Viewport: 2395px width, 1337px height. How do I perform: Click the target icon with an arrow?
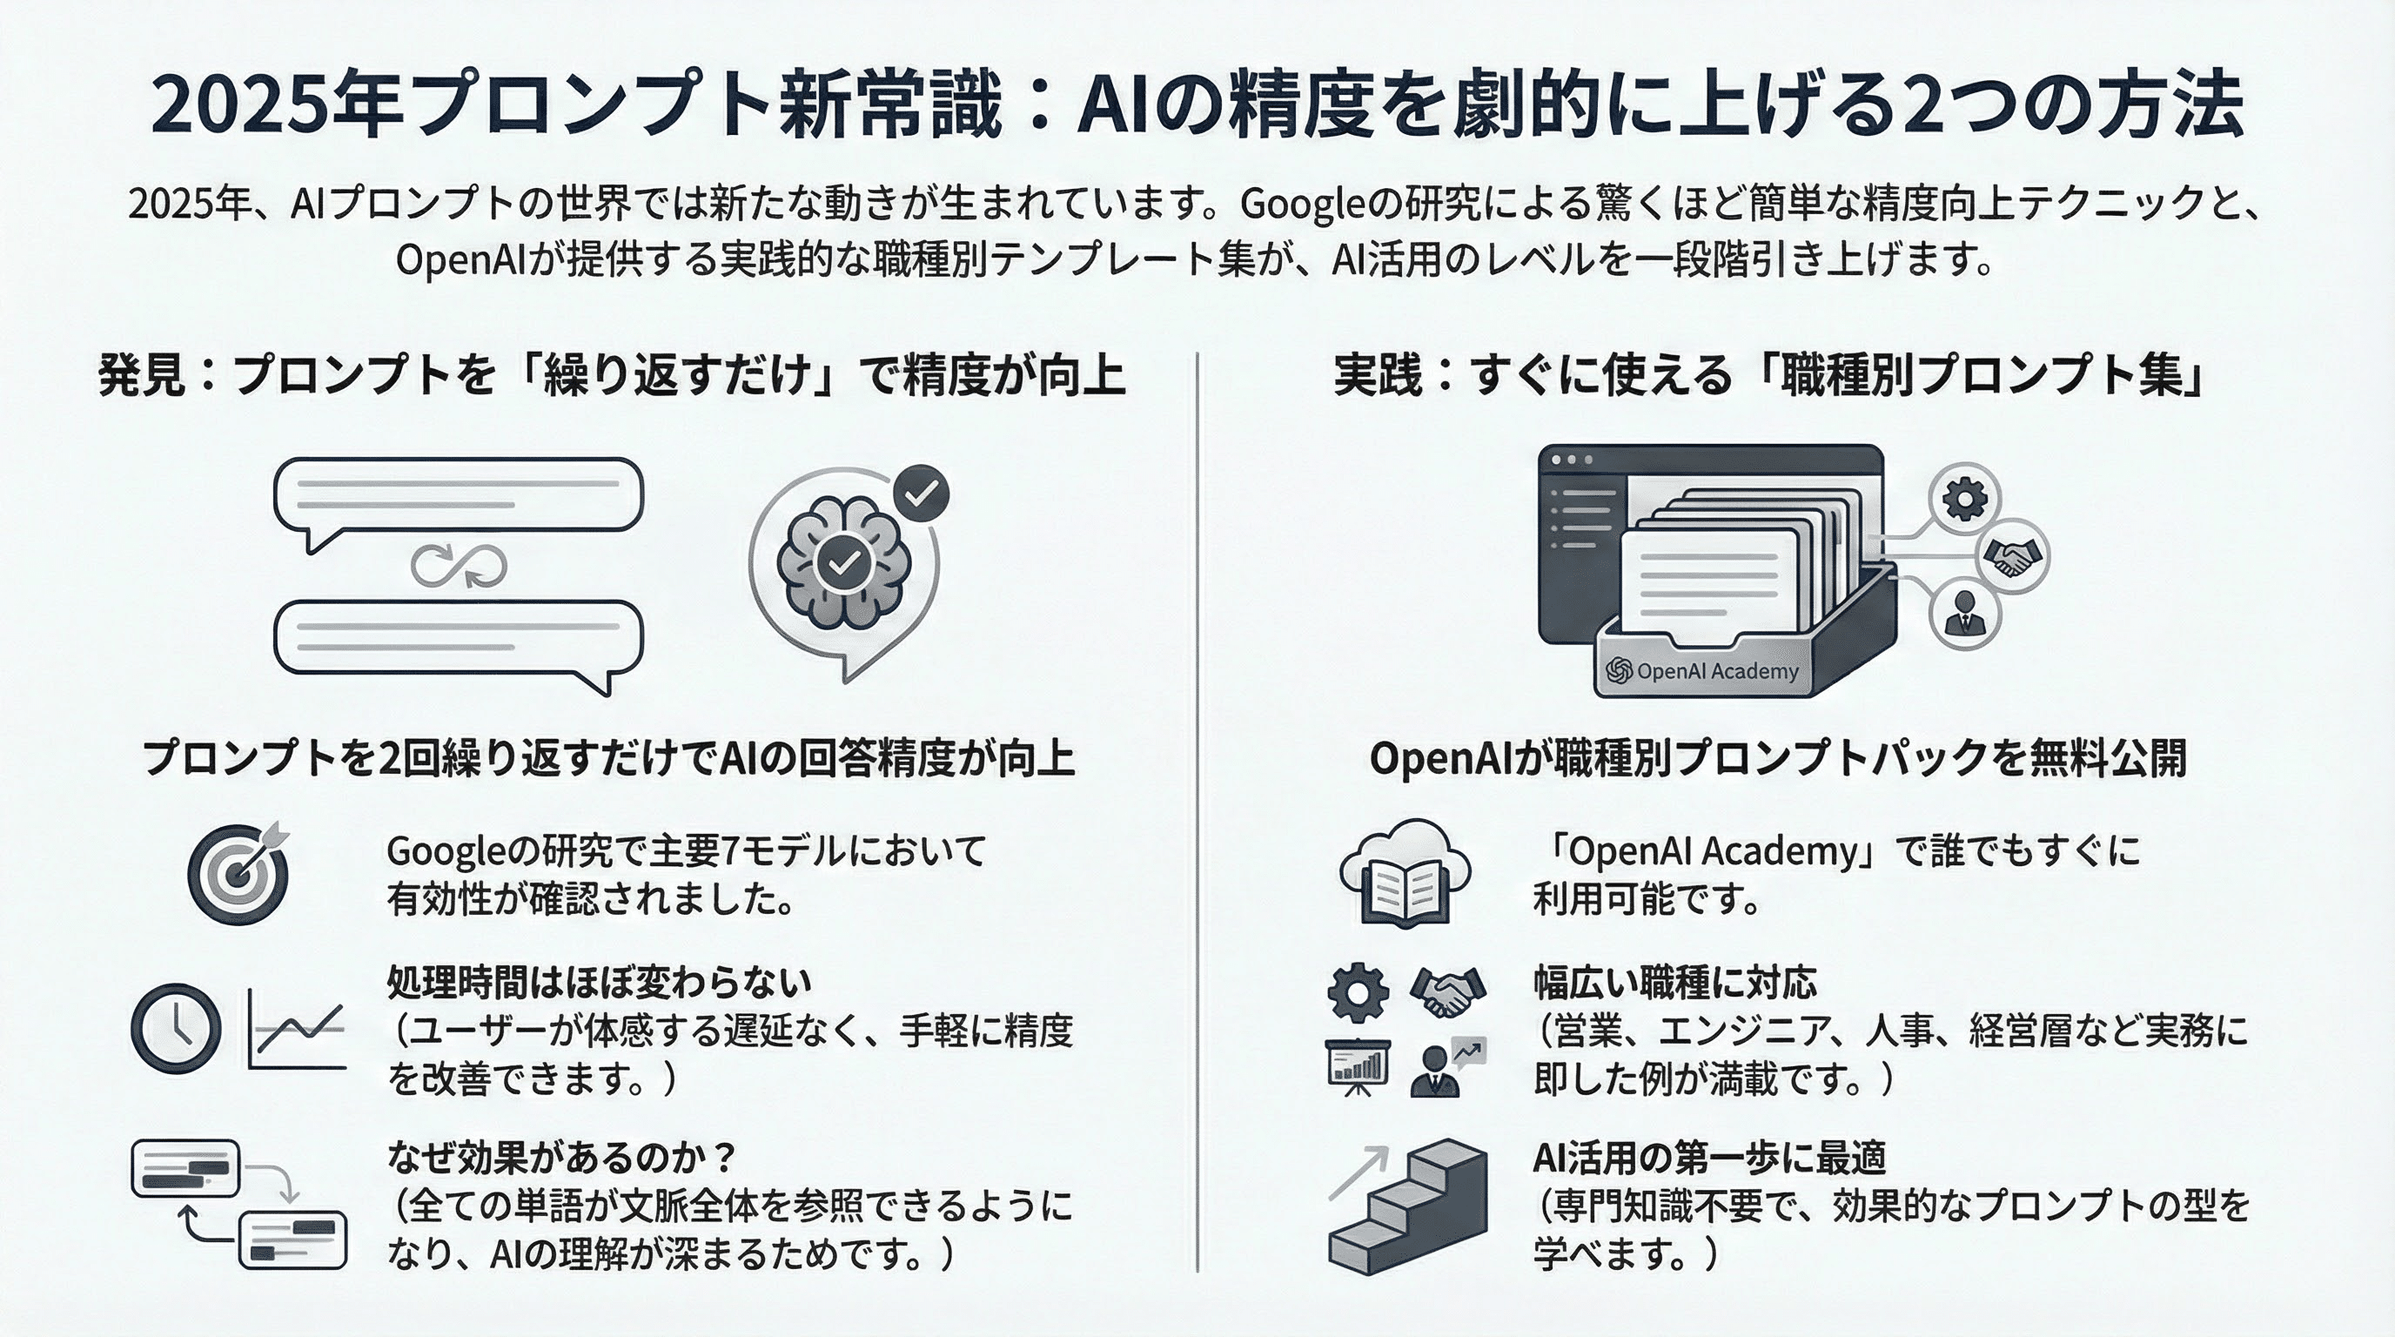coord(239,873)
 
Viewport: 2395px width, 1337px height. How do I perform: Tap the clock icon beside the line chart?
coord(177,1029)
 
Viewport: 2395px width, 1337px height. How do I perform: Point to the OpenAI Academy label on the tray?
coord(1702,671)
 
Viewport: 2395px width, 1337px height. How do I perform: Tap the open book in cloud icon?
coord(1405,873)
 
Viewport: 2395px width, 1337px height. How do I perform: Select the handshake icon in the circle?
coord(2012,557)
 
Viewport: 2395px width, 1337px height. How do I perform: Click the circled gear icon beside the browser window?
coord(1963,499)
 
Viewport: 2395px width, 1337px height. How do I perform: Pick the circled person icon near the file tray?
coord(1964,613)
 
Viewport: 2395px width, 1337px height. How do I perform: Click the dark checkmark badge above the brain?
coord(921,494)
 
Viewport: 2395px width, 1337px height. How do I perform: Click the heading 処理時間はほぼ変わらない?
coord(599,982)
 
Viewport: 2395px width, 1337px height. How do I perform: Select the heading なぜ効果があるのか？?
coord(561,1158)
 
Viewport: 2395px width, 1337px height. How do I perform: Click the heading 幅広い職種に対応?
coord(1674,982)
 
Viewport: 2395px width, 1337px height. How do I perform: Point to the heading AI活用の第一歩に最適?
coord(1709,1158)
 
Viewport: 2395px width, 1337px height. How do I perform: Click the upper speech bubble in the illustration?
coord(458,496)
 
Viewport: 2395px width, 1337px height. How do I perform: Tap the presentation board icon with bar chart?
coord(1358,1065)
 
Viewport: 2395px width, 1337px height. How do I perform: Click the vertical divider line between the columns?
coord(1197,809)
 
